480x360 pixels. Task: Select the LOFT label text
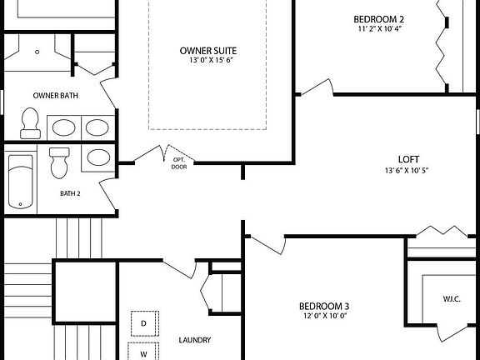[407, 158]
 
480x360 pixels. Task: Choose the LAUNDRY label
[194, 340]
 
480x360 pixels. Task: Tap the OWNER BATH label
[56, 95]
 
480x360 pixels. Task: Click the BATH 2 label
[70, 193]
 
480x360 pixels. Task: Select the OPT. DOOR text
[179, 162]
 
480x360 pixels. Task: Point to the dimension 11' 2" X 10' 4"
[379, 29]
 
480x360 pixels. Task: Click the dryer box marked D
[142, 322]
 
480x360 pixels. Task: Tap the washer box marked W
[142, 353]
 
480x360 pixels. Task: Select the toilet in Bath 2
[59, 162]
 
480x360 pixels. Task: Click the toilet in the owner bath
[31, 124]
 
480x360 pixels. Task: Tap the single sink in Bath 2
[97, 158]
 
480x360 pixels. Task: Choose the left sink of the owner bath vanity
[63, 127]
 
